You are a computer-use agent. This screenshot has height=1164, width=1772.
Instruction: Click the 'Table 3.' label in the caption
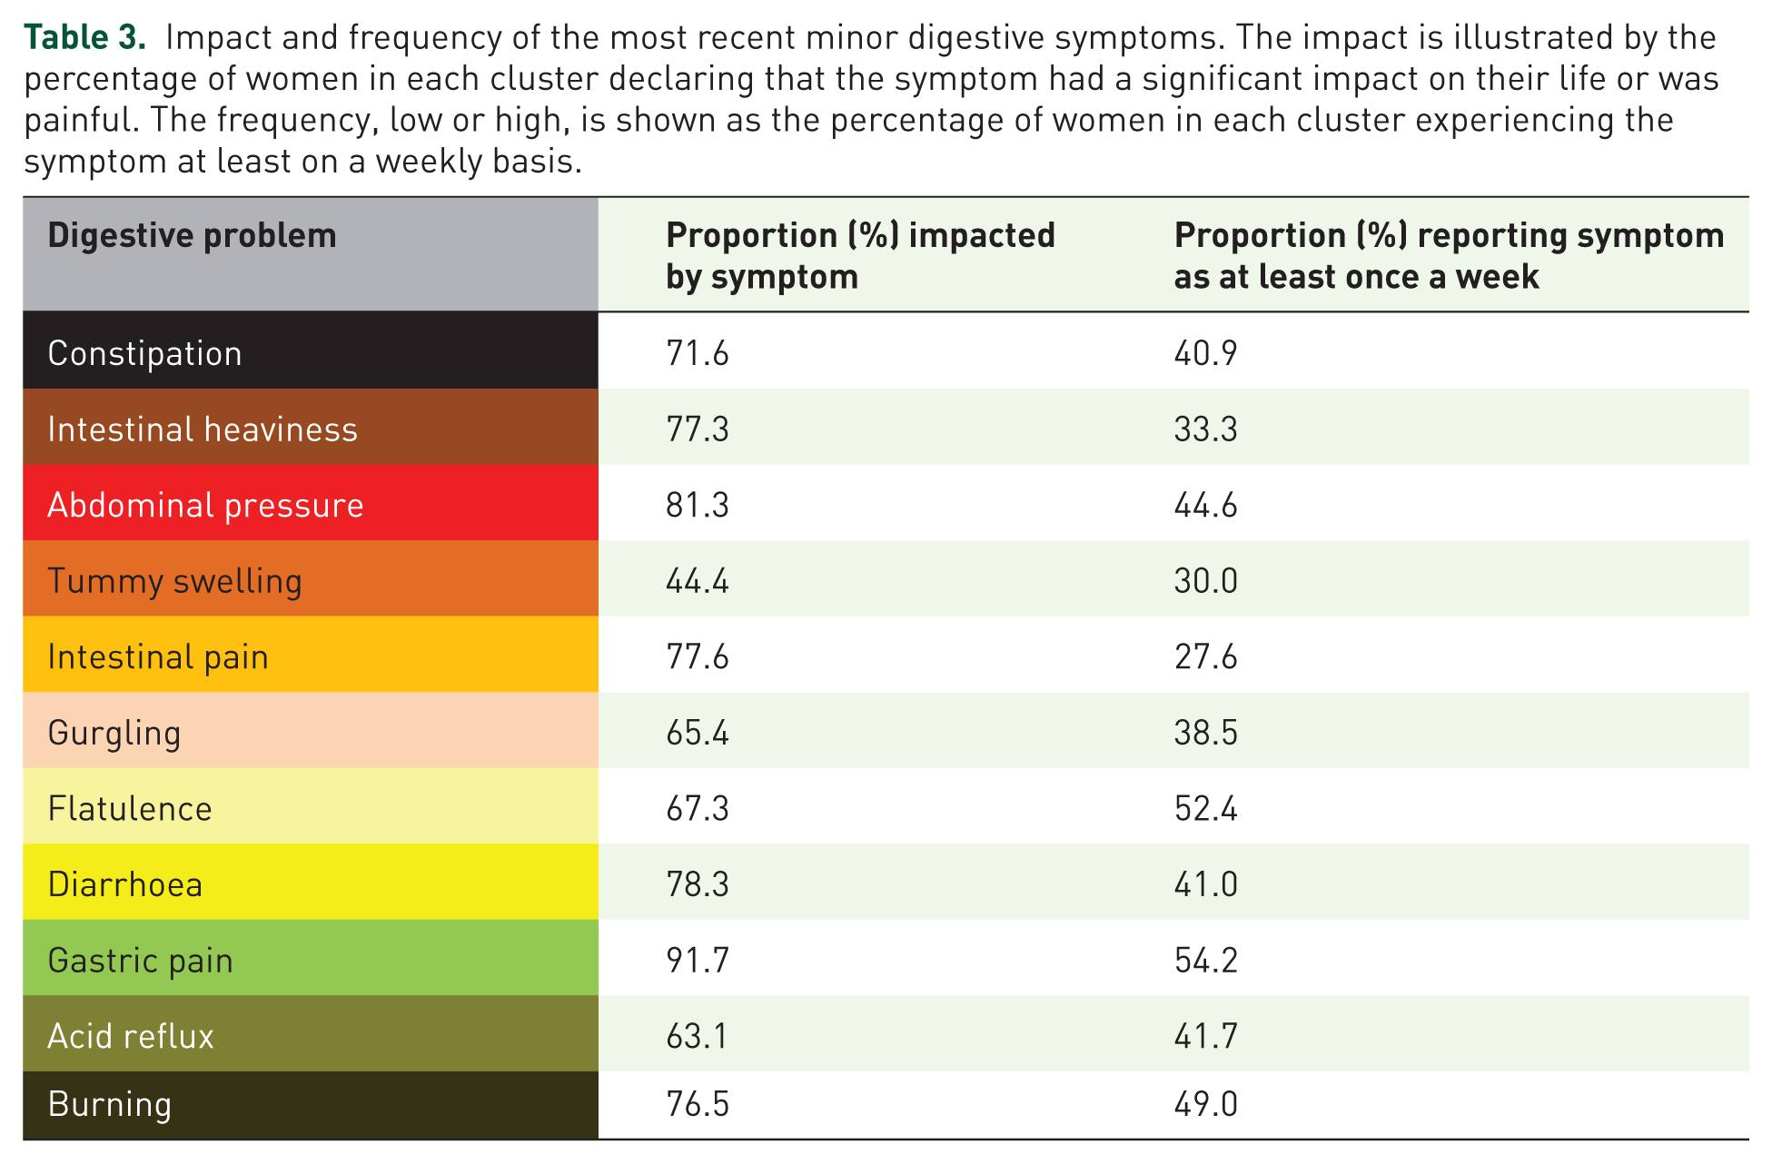(84, 37)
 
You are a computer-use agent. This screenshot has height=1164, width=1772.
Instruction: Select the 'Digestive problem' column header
(192, 236)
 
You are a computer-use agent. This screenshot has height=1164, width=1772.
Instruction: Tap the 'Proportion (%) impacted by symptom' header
(860, 256)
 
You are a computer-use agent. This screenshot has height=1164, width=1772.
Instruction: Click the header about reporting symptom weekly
(1449, 256)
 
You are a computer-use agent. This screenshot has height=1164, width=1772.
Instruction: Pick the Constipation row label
(144, 353)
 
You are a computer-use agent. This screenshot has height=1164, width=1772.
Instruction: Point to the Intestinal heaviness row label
(203, 429)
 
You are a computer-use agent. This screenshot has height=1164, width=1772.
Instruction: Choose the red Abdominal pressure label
(205, 506)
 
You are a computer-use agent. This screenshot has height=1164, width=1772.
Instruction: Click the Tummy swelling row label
(174, 582)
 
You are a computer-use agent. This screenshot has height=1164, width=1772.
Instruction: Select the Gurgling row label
(114, 734)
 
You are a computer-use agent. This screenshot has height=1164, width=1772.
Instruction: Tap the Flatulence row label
(130, 809)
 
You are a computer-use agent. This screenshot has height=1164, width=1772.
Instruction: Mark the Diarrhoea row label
(125, 885)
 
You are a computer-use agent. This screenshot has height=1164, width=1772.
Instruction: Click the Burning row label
(109, 1105)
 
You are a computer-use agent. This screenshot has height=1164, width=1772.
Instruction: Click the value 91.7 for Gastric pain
(698, 961)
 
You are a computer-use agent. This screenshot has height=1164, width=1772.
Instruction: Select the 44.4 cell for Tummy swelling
(698, 581)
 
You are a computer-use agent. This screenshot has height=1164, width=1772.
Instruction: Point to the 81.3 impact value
(698, 505)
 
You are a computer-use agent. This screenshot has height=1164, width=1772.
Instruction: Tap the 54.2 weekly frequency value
(1205, 961)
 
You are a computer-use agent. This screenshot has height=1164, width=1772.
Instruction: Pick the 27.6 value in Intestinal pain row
(1205, 656)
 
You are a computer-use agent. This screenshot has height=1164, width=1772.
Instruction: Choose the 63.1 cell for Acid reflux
(697, 1036)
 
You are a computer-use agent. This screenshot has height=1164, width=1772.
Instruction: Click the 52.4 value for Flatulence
(1205, 808)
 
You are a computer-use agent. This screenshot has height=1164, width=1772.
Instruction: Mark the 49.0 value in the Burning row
(1205, 1104)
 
